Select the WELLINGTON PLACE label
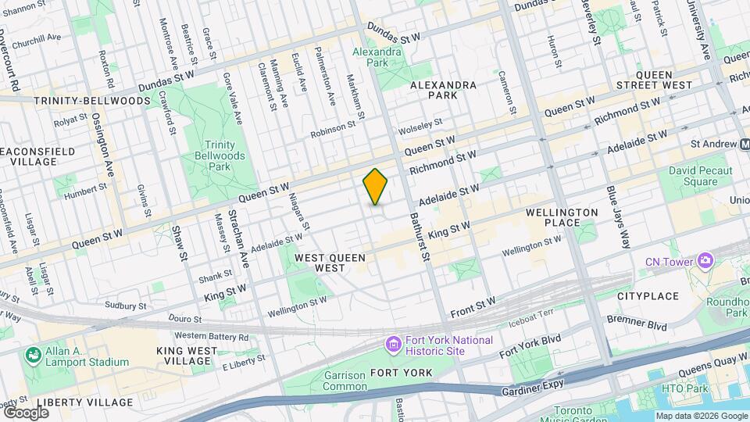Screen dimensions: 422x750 coord(562,217)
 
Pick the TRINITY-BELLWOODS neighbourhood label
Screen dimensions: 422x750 coord(92,101)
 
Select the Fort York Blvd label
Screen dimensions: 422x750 coord(530,345)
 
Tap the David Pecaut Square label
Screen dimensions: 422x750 coord(700,176)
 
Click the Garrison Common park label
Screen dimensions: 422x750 coord(345,381)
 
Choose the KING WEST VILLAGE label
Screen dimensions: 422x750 coord(184,356)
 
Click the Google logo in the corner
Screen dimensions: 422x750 coord(26,412)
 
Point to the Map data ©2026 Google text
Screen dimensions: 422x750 coord(701,416)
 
